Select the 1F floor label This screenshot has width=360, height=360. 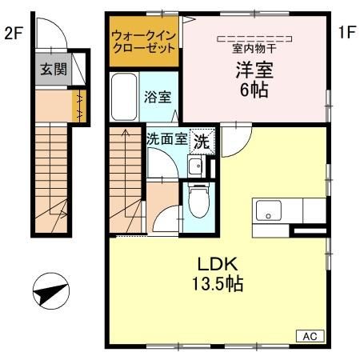[x=346, y=34]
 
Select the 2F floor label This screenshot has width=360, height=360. [x=13, y=34]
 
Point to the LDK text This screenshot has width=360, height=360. [x=214, y=265]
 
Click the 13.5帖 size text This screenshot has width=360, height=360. [x=214, y=283]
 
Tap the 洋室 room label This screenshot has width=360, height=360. [x=254, y=70]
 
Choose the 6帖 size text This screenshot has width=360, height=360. [x=254, y=90]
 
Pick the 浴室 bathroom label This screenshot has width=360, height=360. [x=157, y=97]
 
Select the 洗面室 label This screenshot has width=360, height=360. [x=166, y=138]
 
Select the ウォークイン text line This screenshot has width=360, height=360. [x=144, y=35]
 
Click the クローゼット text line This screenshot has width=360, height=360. [x=144, y=48]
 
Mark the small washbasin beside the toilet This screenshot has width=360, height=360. [x=194, y=166]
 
